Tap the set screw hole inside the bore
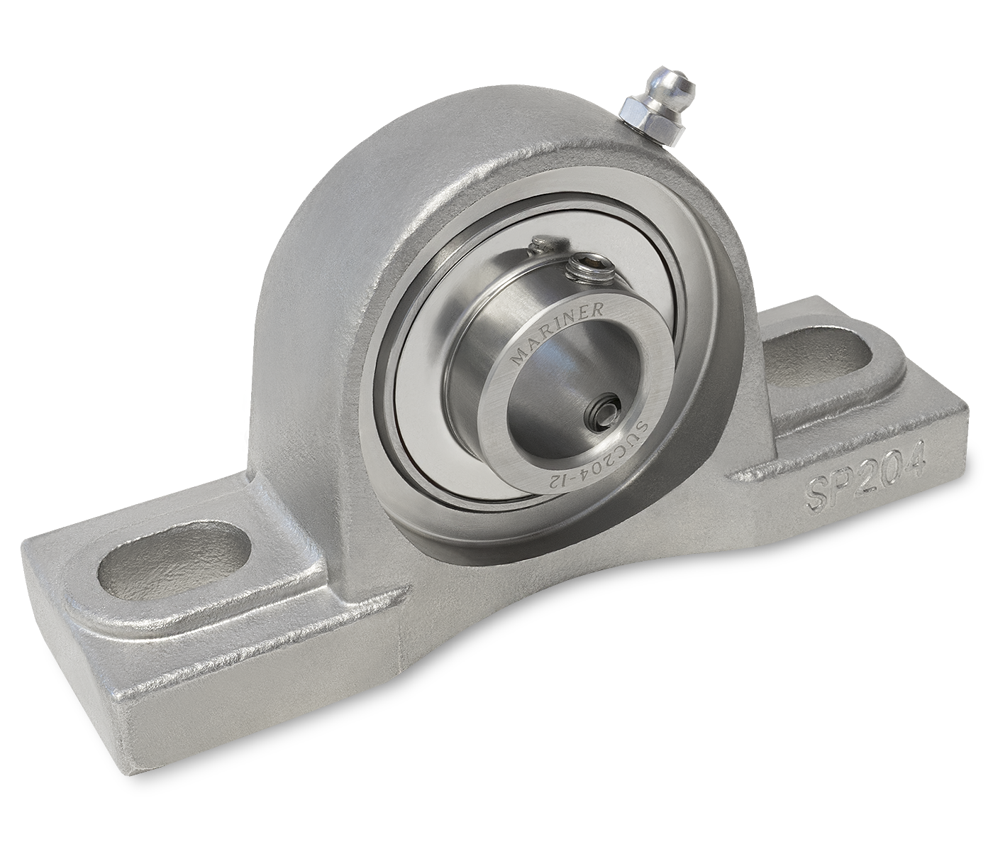(604, 411)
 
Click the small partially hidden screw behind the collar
(542, 245)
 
